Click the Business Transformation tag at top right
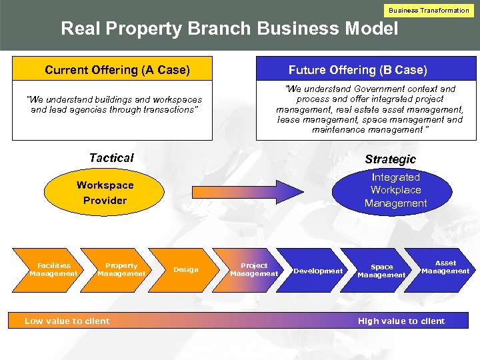429,10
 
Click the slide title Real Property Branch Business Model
229,29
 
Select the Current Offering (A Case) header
117,70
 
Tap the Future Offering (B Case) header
358,70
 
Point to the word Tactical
111,158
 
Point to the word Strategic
390,159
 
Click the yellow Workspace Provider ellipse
105,193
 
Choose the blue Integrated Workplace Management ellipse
395,190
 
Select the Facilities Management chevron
53,269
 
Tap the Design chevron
186,269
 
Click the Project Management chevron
253,269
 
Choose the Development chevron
318,271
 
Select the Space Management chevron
381,271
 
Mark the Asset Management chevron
445,267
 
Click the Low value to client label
67,321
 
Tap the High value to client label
401,321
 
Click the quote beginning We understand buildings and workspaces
114,105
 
